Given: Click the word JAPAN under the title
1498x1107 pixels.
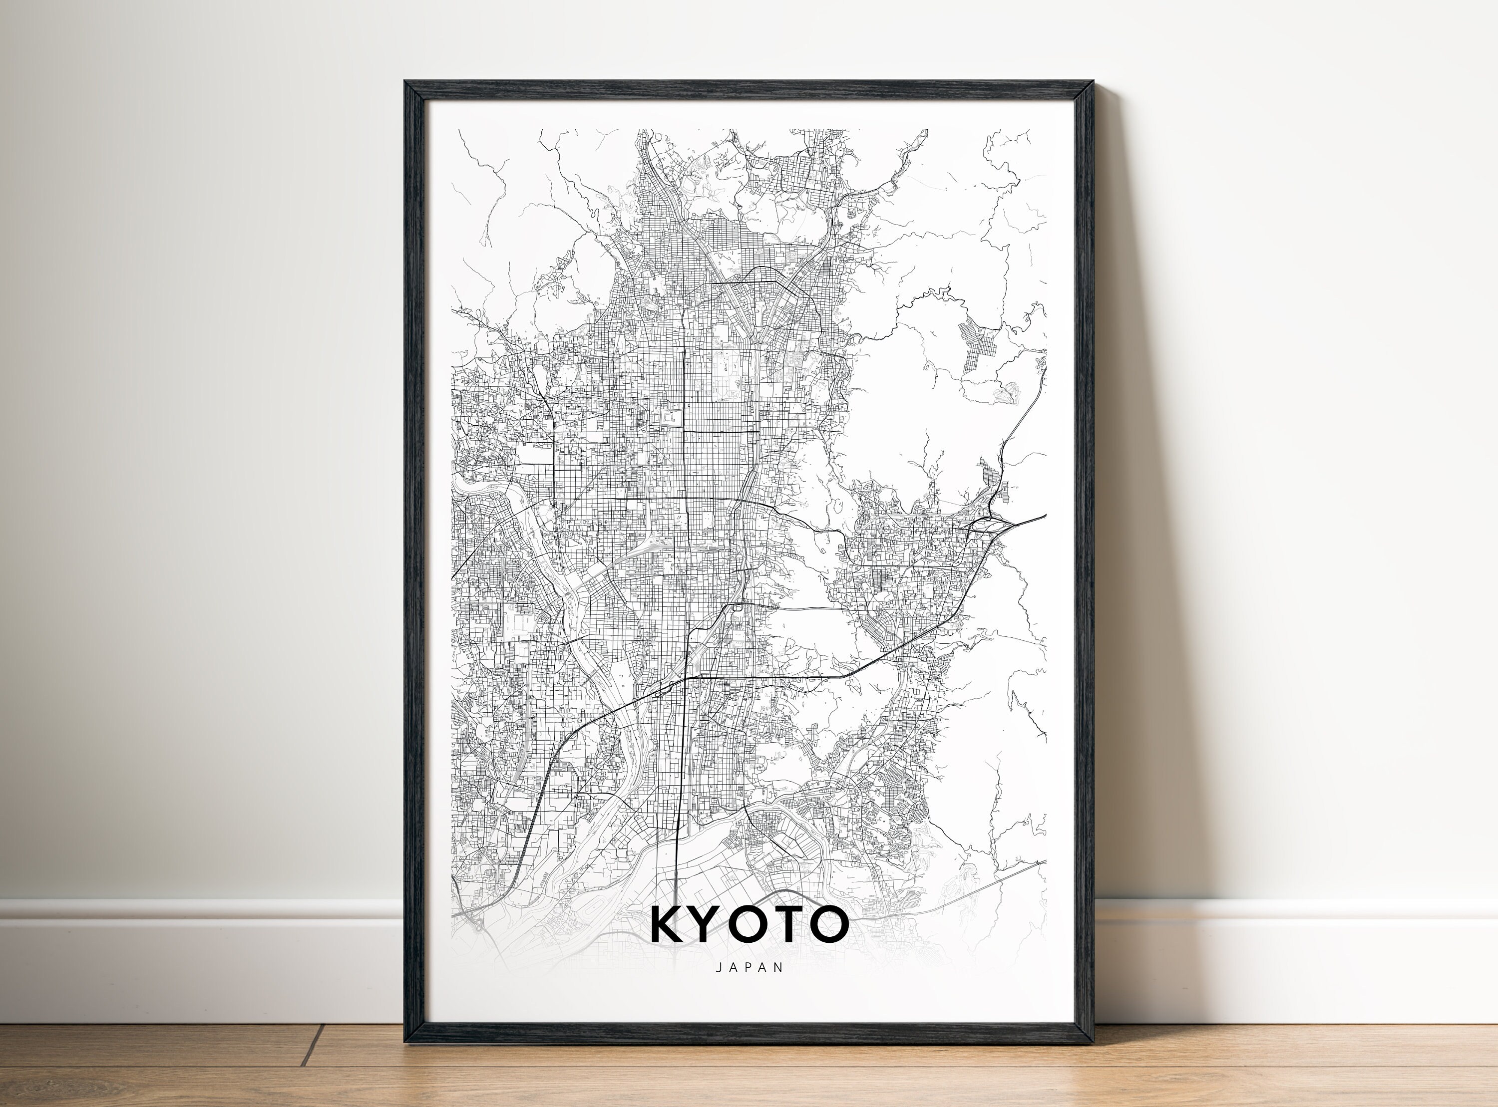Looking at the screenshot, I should (x=749, y=967).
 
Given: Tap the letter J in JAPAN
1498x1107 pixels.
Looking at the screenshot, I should (x=719, y=967).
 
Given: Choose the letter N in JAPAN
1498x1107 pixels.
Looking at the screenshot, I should (x=779, y=967).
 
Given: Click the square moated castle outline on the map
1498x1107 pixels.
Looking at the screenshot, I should (x=670, y=418).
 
